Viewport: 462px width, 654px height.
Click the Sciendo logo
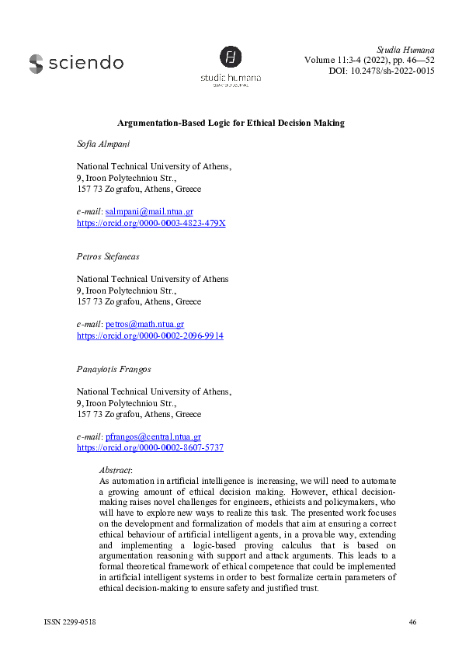click(x=76, y=63)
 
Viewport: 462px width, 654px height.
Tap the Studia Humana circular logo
click(x=231, y=57)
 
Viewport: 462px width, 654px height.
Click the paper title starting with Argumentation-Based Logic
click(x=231, y=123)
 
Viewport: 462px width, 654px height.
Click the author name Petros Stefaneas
click(x=108, y=257)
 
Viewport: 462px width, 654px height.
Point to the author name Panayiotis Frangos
click(x=114, y=370)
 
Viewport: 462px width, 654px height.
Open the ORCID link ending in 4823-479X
click(x=151, y=223)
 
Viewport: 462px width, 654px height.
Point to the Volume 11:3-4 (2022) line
click(x=370, y=60)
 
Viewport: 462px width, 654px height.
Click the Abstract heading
click(x=116, y=470)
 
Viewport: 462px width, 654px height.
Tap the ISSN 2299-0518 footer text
click(x=68, y=622)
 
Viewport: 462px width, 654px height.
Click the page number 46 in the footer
click(x=412, y=622)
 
